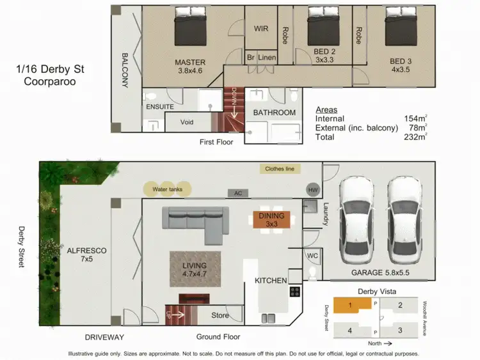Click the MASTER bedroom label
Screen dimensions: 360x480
[x=190, y=63]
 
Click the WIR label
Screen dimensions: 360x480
[x=261, y=29]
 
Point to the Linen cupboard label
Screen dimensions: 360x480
[x=268, y=58]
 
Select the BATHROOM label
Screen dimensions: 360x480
[x=275, y=113]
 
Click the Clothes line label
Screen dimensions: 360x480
[x=280, y=169]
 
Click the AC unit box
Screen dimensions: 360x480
[x=237, y=192]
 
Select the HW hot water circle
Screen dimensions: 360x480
[x=313, y=189]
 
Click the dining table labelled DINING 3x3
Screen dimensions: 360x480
[x=271, y=220]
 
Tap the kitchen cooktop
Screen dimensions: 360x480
[x=295, y=292]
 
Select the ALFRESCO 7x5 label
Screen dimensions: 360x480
[x=86, y=255]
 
